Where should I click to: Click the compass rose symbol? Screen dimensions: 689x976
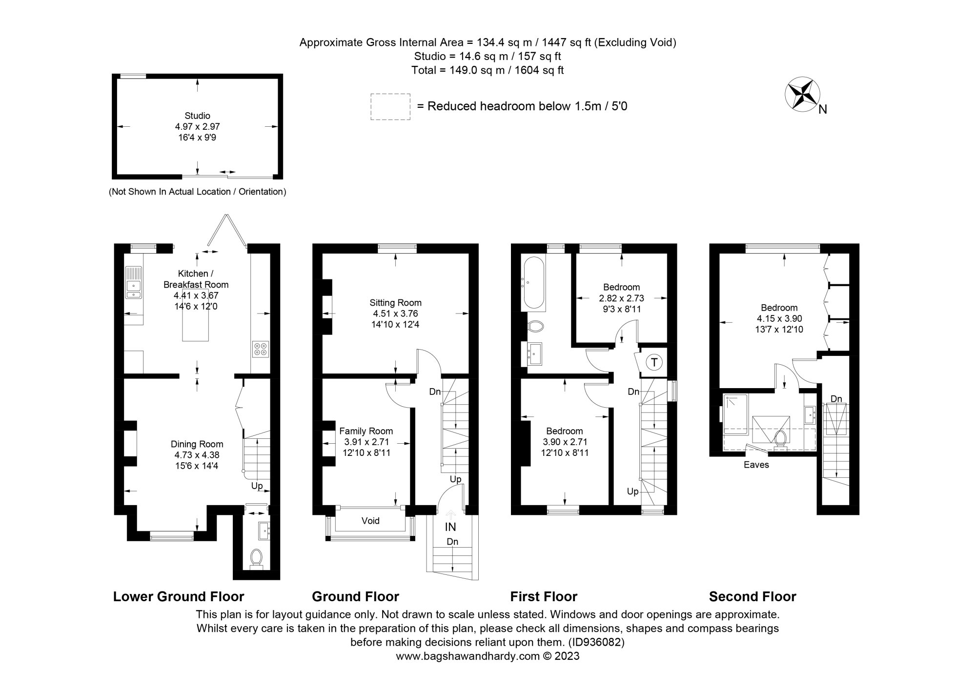tap(801, 94)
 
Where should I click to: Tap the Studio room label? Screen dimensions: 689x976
tap(197, 116)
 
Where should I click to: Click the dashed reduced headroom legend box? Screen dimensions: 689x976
tap(390, 106)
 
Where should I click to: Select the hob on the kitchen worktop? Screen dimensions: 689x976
tap(260, 349)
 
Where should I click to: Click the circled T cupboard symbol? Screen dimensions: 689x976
tap(654, 362)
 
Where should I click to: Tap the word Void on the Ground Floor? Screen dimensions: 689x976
tap(370, 521)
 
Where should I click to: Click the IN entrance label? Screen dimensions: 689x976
tap(450, 527)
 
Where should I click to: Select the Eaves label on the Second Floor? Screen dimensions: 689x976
tap(756, 465)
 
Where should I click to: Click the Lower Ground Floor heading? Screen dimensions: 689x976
tap(179, 596)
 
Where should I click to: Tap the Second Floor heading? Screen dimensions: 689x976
tap(752, 596)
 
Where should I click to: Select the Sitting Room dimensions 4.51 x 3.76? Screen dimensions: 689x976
tap(395, 314)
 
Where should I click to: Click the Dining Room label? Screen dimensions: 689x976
tap(197, 444)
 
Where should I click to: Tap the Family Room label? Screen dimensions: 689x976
tap(366, 431)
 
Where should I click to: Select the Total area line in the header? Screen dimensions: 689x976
tap(487, 70)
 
